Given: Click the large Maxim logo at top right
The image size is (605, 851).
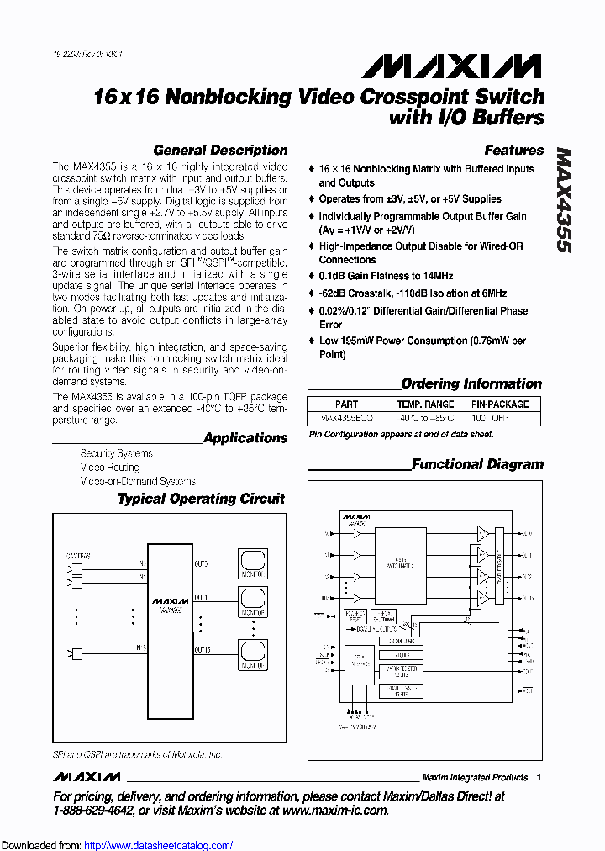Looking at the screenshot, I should [445, 66].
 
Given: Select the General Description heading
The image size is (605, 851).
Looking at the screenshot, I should [220, 151].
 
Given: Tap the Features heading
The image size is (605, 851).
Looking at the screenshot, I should [514, 151].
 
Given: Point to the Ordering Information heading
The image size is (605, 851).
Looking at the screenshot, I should [471, 383].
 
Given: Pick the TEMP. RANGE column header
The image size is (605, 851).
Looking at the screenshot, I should [428, 404].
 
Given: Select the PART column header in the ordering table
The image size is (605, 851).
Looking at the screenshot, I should [346, 404].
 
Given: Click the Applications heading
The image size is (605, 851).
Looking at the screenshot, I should [245, 438].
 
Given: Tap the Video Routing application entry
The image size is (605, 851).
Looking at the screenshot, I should [110, 467].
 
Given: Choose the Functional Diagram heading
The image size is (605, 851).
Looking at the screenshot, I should [477, 464].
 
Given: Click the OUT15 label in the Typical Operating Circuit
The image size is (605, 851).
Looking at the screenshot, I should [203, 649].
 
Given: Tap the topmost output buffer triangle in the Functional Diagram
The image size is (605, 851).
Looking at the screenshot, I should [483, 533].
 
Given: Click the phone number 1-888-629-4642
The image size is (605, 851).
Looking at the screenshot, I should [93, 811].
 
